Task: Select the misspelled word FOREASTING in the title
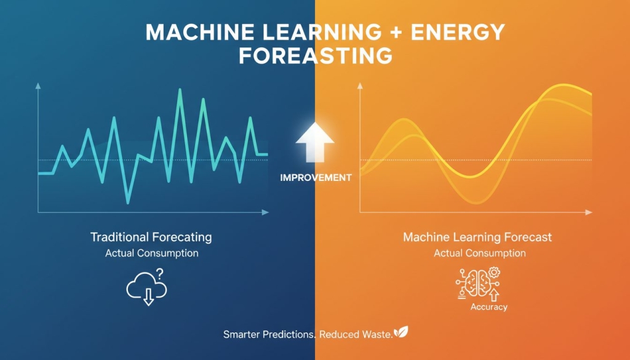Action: [x=315, y=55]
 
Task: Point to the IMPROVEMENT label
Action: [x=316, y=177]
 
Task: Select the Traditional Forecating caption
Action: [x=151, y=237]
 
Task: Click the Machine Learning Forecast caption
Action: [x=477, y=237]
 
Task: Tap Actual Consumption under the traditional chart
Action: [x=152, y=253]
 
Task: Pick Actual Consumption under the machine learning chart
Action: [x=480, y=253]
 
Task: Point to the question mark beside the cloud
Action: [x=160, y=273]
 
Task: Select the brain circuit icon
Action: [x=477, y=283]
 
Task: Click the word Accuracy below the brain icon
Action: [x=489, y=306]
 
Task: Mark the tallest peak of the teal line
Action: [x=180, y=90]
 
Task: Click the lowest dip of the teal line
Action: [x=128, y=202]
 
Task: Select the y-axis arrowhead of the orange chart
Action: [x=360, y=88]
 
